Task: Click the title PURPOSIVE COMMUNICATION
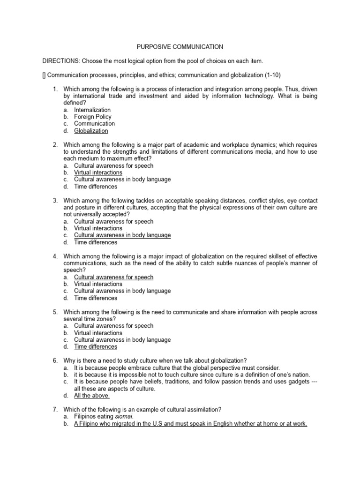click(180, 47)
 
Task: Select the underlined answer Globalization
click(91, 131)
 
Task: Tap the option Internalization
click(92, 110)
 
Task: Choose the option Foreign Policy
click(93, 117)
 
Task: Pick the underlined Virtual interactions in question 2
click(98, 172)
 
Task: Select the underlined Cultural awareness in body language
click(122, 235)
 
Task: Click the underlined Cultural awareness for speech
click(113, 277)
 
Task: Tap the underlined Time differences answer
click(96, 347)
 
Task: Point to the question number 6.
click(55, 360)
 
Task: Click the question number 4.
click(55, 256)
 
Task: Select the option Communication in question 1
click(94, 124)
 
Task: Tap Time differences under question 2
click(96, 187)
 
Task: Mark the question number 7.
click(55, 410)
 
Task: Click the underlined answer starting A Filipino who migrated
click(190, 424)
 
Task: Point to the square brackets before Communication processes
click(44, 75)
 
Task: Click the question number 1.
click(55, 89)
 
